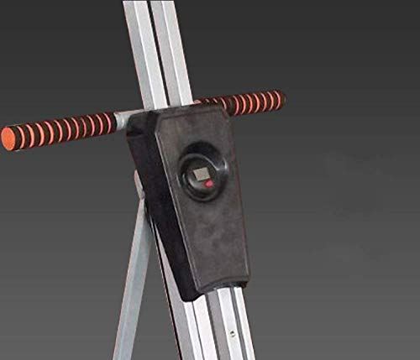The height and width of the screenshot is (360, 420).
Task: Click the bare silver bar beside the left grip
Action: [123, 118]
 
